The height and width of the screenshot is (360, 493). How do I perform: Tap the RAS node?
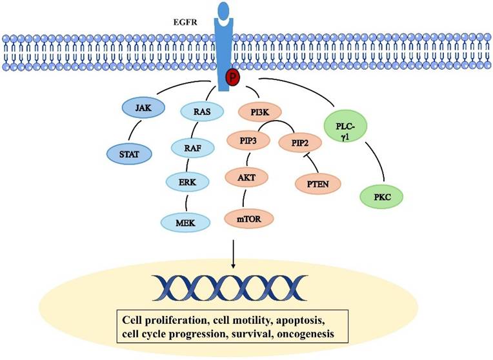(x=193, y=110)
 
